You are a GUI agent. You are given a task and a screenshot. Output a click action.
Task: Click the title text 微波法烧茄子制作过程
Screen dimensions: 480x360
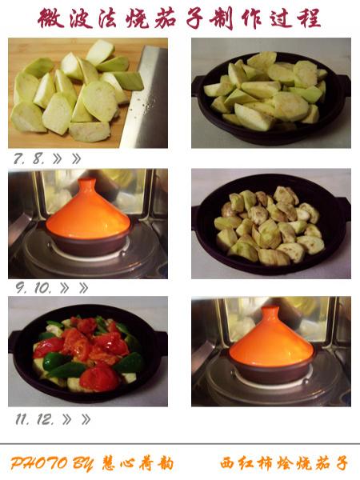[180, 18]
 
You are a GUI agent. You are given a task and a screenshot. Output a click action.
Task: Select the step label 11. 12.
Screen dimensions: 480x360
[34, 418]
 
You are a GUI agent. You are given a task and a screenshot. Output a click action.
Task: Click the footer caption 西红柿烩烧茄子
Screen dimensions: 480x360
[284, 463]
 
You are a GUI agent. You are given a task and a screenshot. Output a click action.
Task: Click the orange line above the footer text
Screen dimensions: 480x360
[180, 444]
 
